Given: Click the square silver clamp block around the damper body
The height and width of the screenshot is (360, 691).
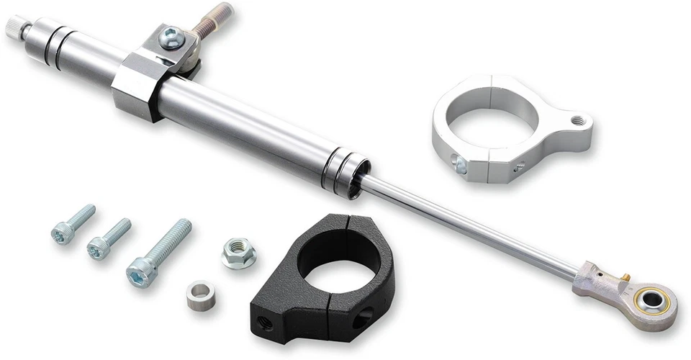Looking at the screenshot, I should tap(137, 84).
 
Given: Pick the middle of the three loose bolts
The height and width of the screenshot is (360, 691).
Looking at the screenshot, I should tap(109, 238).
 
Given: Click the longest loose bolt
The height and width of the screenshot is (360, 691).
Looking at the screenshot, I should tap(159, 252).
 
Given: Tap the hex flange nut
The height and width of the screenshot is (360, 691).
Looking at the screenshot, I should tap(238, 253).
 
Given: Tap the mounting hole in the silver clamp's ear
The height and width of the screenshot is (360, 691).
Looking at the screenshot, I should tap(576, 120).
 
